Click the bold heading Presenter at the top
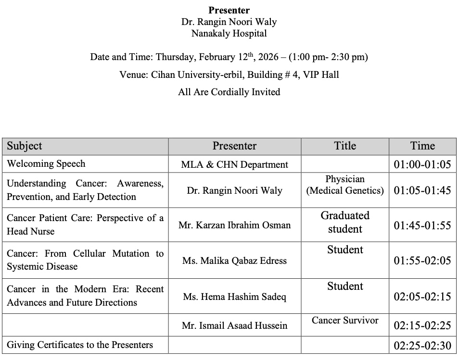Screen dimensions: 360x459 click(x=229, y=10)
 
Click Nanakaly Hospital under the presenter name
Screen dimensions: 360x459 click(x=229, y=34)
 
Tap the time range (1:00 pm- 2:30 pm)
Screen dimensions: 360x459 click(x=329, y=57)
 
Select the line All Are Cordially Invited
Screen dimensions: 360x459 click(x=229, y=92)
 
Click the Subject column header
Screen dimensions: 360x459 click(x=25, y=146)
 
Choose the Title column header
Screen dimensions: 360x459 click(x=345, y=146)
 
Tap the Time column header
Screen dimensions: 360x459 click(x=422, y=146)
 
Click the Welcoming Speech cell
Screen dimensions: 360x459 click(x=46, y=164)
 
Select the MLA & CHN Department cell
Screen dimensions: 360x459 click(x=235, y=164)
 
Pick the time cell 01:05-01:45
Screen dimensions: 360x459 click(x=422, y=190)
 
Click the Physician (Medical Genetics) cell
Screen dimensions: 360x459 click(x=345, y=185)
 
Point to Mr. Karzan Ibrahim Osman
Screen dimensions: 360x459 click(x=235, y=225)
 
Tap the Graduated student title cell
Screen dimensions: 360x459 click(x=345, y=222)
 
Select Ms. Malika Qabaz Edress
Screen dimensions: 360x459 click(x=235, y=261)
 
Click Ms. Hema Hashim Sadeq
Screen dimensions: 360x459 click(x=235, y=297)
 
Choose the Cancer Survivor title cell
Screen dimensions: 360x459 click(x=345, y=321)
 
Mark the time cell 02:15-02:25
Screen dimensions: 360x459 click(x=422, y=325)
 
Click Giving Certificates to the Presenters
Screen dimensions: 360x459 click(x=80, y=345)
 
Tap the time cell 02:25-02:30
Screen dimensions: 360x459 click(x=422, y=346)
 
